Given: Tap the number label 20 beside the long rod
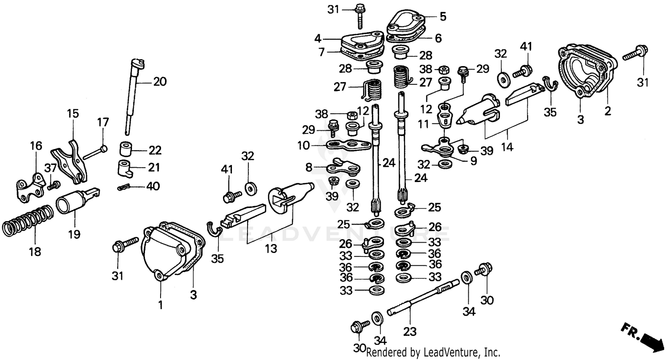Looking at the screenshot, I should click(x=159, y=82).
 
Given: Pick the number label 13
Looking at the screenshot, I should click(x=270, y=248).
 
